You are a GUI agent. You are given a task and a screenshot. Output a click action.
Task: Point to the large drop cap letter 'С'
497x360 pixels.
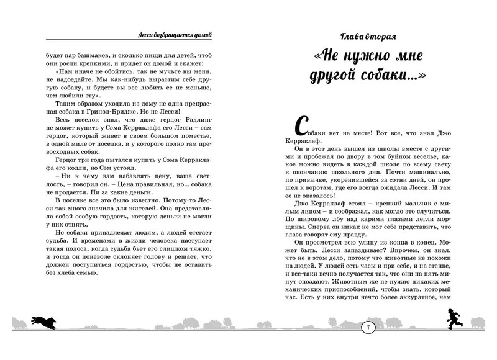(x=298, y=125)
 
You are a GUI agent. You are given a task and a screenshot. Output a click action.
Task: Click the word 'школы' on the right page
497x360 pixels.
(x=388, y=139)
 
